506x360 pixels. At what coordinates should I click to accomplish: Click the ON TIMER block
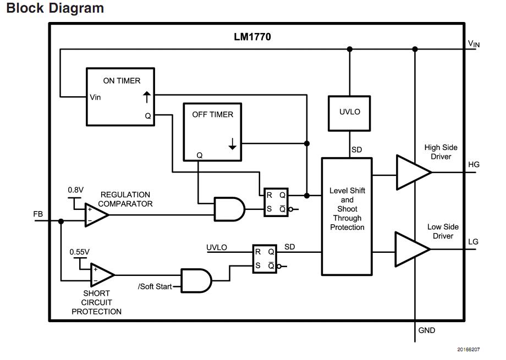120,97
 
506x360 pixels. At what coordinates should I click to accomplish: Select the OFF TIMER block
212,132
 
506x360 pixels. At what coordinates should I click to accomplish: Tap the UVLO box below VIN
349,112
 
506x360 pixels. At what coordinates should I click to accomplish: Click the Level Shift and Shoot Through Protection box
347,215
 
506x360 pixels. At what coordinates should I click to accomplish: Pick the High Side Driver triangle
411,172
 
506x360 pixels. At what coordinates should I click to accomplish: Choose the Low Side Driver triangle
410,249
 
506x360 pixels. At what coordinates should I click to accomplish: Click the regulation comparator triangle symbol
95,215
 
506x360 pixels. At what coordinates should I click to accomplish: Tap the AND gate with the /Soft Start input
196,280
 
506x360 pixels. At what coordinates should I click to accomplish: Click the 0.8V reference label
76,190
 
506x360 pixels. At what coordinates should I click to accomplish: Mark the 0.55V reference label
80,252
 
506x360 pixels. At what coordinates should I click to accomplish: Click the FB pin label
38,214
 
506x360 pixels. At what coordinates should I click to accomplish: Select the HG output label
474,164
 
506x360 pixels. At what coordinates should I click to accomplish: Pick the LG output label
474,242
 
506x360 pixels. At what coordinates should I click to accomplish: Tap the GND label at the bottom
427,330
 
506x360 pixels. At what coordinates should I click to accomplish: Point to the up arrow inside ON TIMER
146,98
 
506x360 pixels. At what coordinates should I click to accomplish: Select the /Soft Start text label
155,286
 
